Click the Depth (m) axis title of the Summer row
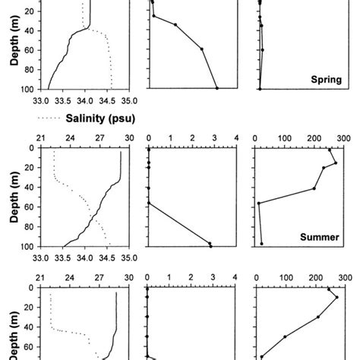pos(14,196)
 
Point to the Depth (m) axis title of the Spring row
pos(14,46)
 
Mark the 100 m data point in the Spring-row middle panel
pos(217,89)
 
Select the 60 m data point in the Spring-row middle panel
pos(202,49)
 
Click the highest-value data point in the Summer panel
pos(335,163)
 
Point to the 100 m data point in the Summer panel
pos(262,244)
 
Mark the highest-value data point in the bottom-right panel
pos(336,297)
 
